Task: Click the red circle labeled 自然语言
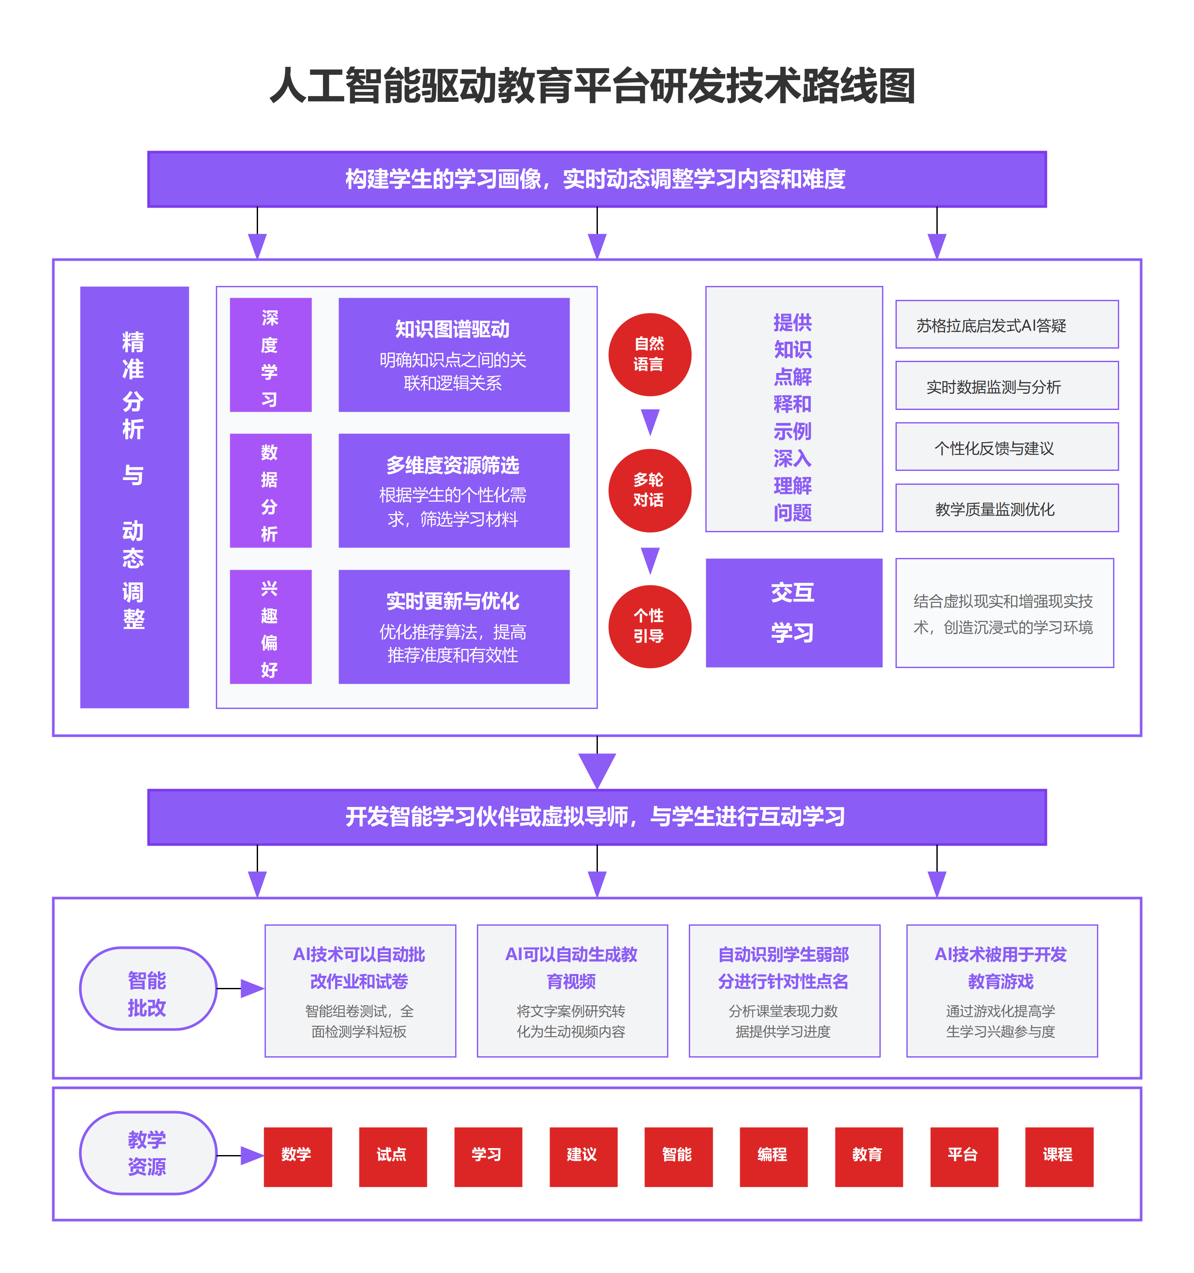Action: point(649,354)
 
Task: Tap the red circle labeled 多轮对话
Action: point(649,490)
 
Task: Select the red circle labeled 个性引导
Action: point(649,626)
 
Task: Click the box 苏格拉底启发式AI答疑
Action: point(1006,325)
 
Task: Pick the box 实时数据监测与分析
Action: point(1006,386)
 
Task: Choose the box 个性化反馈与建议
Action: point(1006,447)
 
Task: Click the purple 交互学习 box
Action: point(793,613)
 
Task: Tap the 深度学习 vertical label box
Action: point(270,355)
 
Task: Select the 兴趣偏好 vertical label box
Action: point(270,627)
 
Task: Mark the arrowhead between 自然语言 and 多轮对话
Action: point(650,421)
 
